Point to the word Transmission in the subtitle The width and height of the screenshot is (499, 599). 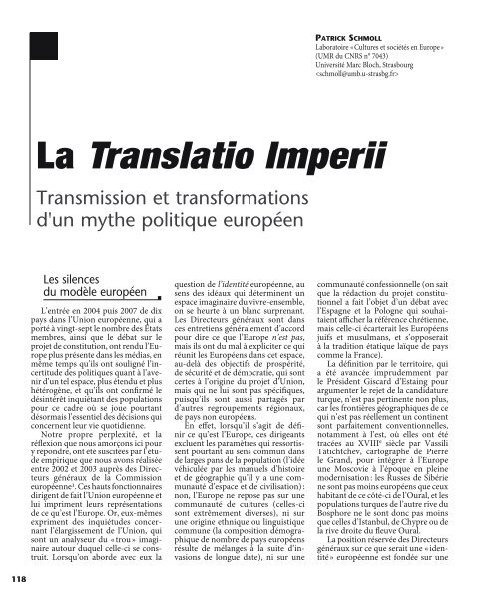click(x=99, y=196)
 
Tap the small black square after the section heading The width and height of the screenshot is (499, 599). click(x=160, y=296)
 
